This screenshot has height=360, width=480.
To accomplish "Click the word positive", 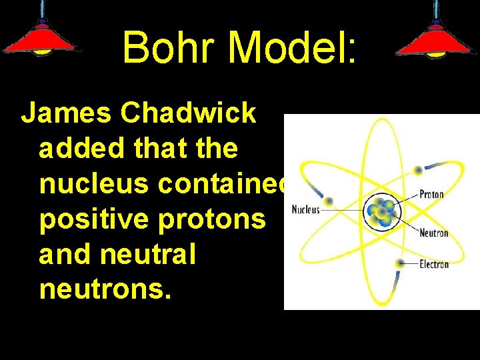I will pyautogui.click(x=91, y=219).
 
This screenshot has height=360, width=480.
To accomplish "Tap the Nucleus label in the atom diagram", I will pyautogui.click(x=307, y=209).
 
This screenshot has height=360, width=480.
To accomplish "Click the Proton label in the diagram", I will pyautogui.click(x=431, y=195).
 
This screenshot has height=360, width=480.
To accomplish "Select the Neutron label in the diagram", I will pyautogui.click(x=433, y=233).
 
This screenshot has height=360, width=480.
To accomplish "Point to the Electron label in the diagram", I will pyautogui.click(x=434, y=265).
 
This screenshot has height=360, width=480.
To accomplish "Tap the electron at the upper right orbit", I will pyautogui.click(x=419, y=170).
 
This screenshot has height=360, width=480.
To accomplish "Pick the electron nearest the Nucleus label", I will pyautogui.click(x=327, y=201).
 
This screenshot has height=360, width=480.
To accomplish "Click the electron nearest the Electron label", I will pyautogui.click(x=399, y=264).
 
